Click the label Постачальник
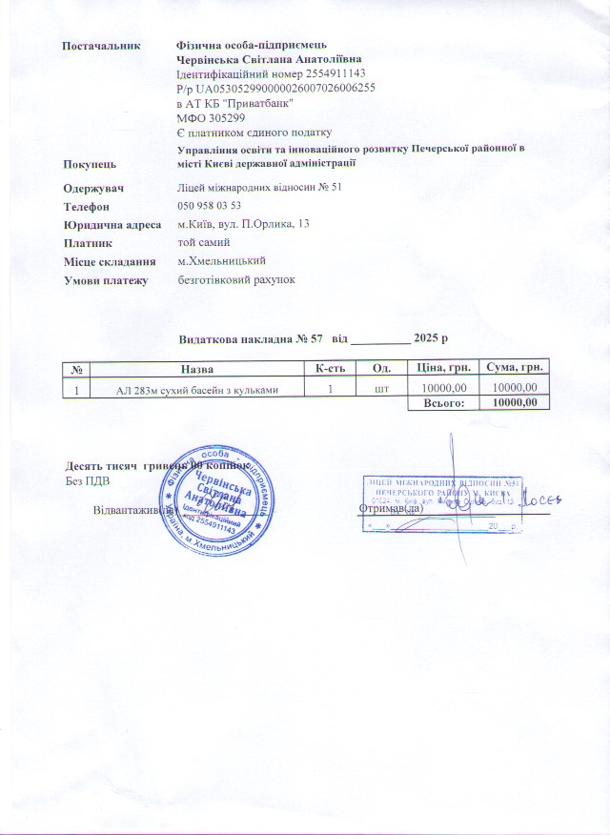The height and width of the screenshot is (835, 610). tap(101, 45)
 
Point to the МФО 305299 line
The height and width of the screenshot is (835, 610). tap(206, 116)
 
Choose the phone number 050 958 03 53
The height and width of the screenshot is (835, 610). tap(209, 205)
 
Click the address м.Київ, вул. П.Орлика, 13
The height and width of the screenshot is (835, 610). tap(244, 224)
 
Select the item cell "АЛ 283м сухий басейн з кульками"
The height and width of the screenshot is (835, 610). tap(197, 387)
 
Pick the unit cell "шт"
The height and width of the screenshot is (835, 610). tap(382, 387)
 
